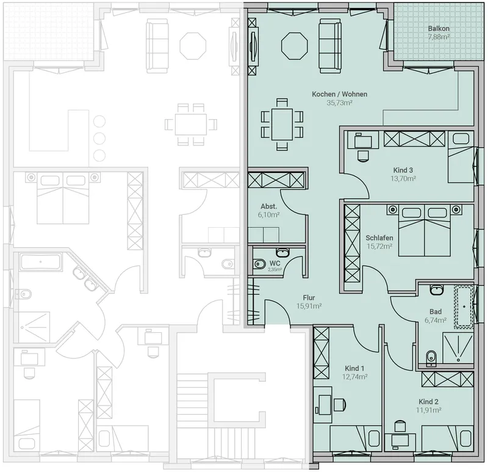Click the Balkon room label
coord(439,28)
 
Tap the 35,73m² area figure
coord(339,103)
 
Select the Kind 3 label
coord(403,170)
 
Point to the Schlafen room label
coord(379,238)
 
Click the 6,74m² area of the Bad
coord(436,320)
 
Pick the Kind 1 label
coord(354,368)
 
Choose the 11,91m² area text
coord(429,410)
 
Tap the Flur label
coord(309,297)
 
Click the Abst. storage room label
coord(268,206)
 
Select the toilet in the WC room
coord(259,264)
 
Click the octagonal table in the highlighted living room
coord(295,46)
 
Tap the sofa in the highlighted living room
coord(329,46)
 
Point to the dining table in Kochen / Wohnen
coord(282,125)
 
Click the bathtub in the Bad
coord(464,307)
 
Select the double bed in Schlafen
coord(424,231)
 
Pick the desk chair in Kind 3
coord(363,156)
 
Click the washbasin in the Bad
coord(437,289)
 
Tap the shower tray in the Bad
coord(458,347)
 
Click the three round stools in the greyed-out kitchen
coord(99,138)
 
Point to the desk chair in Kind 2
coord(400,426)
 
